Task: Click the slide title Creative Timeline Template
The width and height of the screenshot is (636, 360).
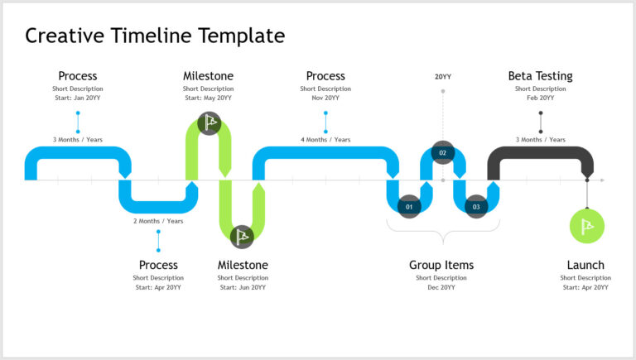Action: (155, 36)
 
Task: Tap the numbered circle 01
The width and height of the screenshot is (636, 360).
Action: (409, 206)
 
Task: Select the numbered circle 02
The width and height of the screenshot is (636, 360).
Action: (443, 153)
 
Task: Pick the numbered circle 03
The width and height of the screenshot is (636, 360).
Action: (476, 206)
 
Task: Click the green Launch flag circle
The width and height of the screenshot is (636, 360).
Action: (587, 226)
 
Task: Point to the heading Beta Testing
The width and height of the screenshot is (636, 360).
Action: (540, 76)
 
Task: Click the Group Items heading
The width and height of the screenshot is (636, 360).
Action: (441, 265)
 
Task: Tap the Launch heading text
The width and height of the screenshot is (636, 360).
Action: (585, 265)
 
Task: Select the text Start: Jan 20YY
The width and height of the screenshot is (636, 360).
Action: (77, 98)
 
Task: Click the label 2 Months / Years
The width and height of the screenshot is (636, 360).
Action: (158, 221)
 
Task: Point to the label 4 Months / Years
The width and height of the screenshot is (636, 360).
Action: (325, 140)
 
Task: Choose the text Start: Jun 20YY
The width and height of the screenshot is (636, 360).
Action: (242, 287)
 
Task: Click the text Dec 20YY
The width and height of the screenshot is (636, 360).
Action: (441, 287)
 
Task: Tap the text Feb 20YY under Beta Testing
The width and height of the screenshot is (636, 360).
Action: (540, 98)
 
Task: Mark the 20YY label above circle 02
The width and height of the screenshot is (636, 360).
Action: (443, 77)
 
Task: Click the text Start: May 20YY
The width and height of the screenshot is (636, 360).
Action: (208, 98)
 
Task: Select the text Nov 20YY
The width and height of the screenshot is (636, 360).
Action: (325, 98)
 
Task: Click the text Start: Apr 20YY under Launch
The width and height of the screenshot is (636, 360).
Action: (585, 287)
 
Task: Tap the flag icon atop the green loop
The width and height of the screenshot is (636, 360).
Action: (210, 123)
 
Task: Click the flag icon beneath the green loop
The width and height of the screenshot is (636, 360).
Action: (242, 237)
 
